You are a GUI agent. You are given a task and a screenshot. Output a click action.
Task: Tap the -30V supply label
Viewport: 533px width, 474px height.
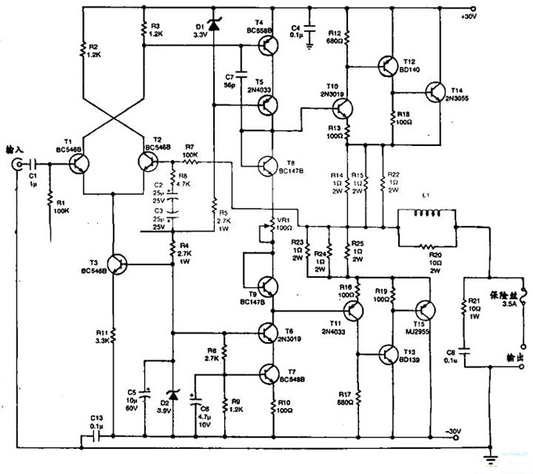click(x=454, y=432)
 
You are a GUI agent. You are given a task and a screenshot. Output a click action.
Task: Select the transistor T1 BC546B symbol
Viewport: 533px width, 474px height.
click(x=78, y=163)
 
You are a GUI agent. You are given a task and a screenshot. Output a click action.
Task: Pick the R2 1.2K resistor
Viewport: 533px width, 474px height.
click(x=83, y=51)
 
